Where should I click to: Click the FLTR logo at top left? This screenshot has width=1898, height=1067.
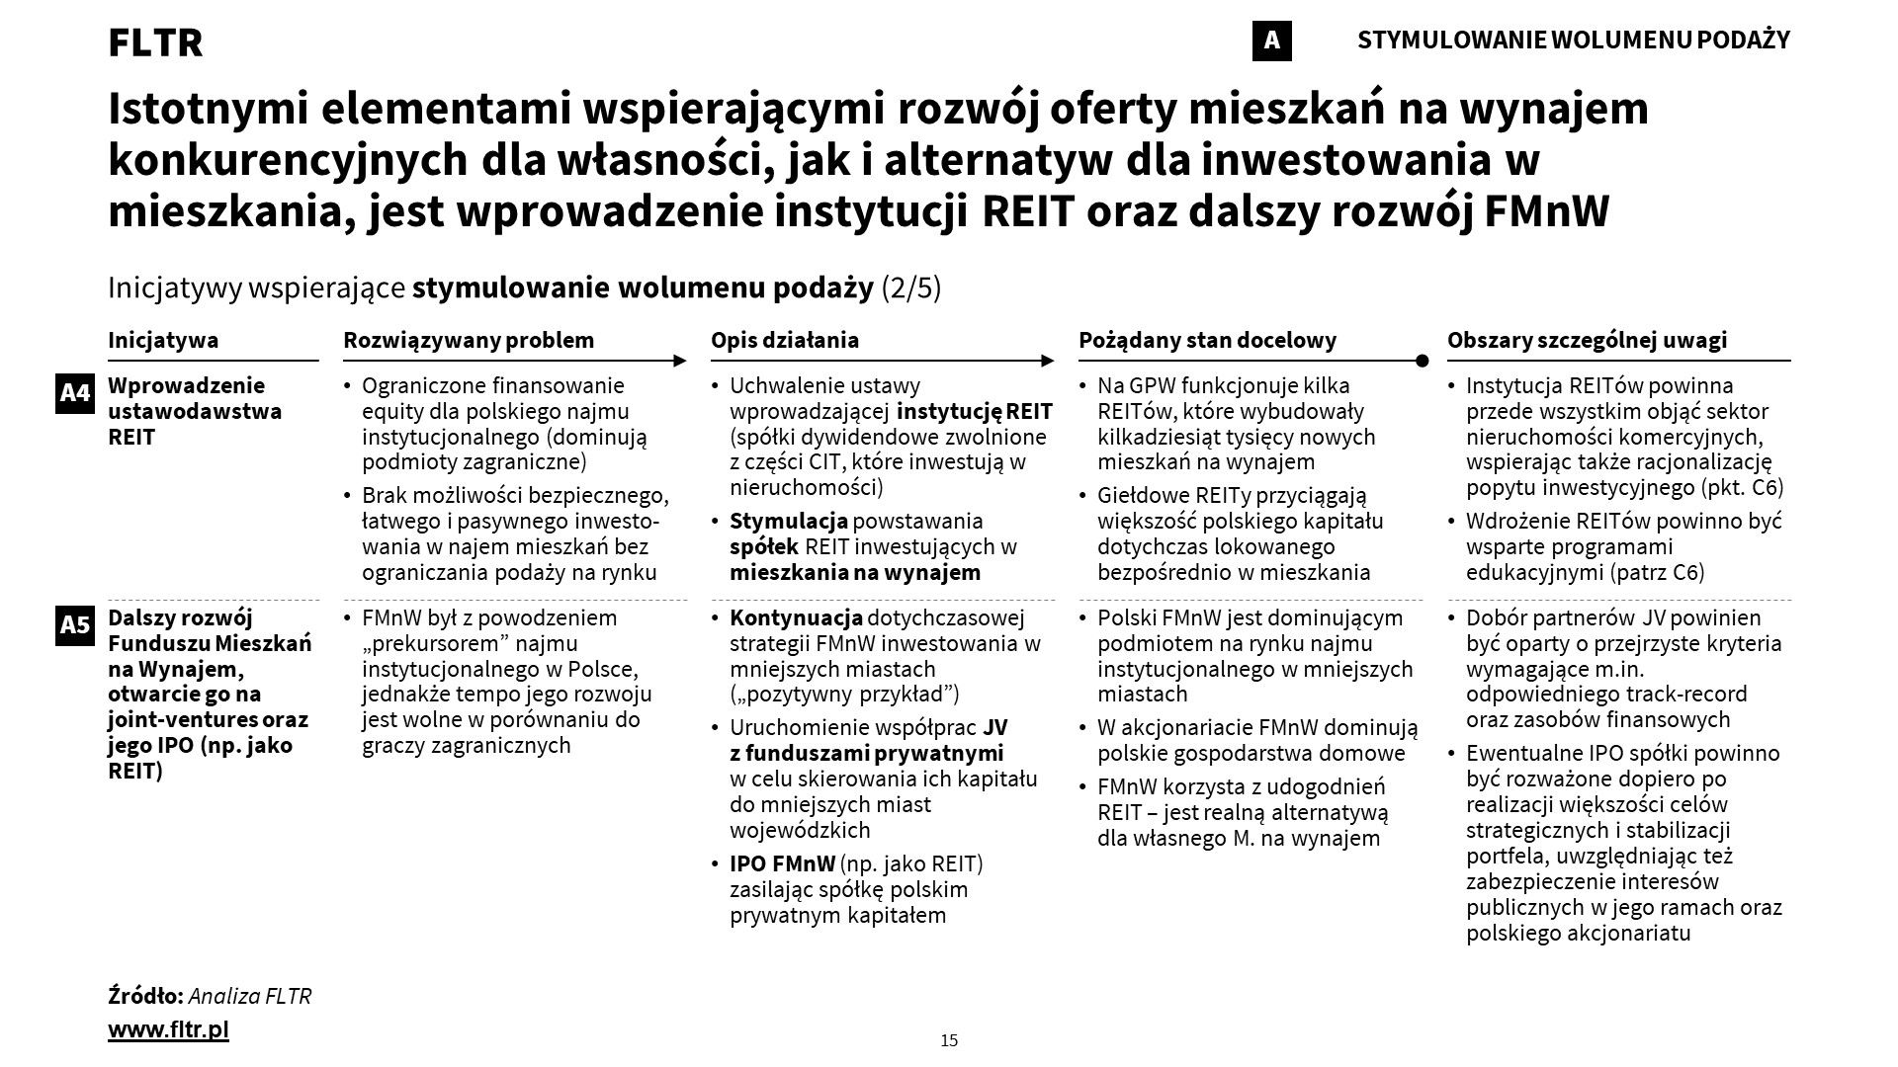tap(155, 42)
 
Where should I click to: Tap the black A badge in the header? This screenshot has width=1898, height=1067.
tap(1271, 41)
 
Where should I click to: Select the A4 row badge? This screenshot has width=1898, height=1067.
tap(75, 393)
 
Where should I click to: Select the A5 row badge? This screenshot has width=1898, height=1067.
tap(75, 624)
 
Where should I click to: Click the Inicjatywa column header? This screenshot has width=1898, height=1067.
tap(163, 340)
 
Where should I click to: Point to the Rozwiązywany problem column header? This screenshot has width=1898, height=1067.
tap(469, 340)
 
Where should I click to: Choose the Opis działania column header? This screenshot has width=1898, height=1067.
tap(785, 340)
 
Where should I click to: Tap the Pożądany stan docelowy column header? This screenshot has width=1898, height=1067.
tap(1207, 340)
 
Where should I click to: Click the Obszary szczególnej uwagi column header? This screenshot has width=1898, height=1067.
tap(1587, 340)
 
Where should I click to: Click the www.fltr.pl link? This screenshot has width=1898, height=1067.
tap(168, 1029)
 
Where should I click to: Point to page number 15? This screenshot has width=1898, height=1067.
tap(949, 1040)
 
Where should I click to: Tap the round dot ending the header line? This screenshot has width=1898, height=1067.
tap(1422, 361)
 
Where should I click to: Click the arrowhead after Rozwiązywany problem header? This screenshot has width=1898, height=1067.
tap(679, 361)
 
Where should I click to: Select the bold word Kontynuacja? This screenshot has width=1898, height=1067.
tap(796, 618)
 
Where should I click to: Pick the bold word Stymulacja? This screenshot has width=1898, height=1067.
tap(789, 521)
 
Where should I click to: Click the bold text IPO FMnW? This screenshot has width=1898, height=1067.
tap(782, 863)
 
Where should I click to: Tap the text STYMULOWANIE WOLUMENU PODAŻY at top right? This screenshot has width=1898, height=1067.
tap(1574, 41)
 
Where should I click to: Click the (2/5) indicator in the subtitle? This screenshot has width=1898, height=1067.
tap(910, 287)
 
